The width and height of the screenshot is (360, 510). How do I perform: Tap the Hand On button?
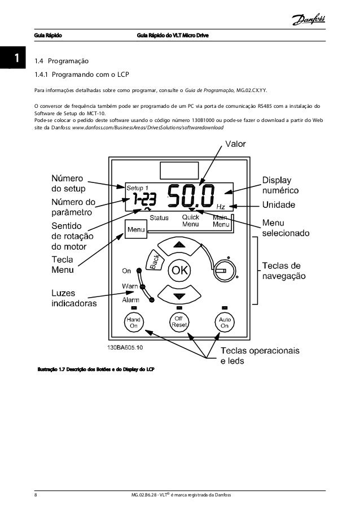point(134,322)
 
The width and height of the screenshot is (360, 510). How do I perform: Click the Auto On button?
point(225,322)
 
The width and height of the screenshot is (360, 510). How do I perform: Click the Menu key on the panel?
point(136,229)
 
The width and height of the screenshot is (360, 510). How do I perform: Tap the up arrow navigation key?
point(179,245)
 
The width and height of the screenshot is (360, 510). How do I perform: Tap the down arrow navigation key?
point(179,295)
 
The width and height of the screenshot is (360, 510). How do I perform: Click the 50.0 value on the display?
point(192,198)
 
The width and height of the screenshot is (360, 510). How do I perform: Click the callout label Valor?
point(236,144)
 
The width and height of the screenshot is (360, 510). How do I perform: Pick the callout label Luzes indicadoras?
point(74,298)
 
